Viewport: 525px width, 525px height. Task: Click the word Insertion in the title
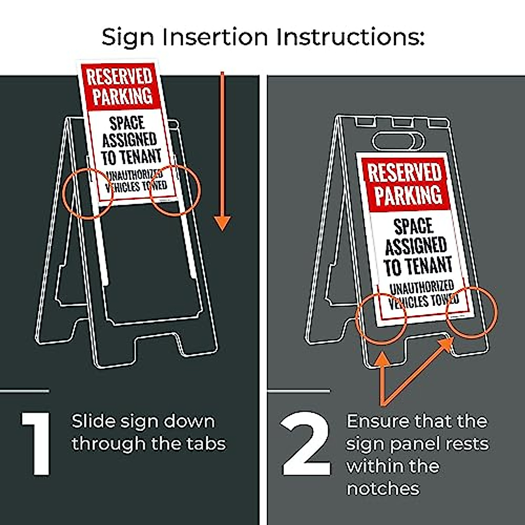click(x=214, y=37)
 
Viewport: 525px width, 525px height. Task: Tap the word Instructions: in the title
click(x=350, y=37)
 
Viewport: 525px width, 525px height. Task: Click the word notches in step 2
click(x=383, y=488)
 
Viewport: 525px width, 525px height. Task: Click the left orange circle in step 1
click(x=89, y=193)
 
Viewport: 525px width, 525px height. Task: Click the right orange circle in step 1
click(x=175, y=190)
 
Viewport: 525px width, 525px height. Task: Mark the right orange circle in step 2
click(x=472, y=312)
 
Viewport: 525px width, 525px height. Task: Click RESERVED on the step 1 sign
click(x=119, y=77)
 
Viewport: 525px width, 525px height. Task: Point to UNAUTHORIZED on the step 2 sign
click(x=421, y=287)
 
